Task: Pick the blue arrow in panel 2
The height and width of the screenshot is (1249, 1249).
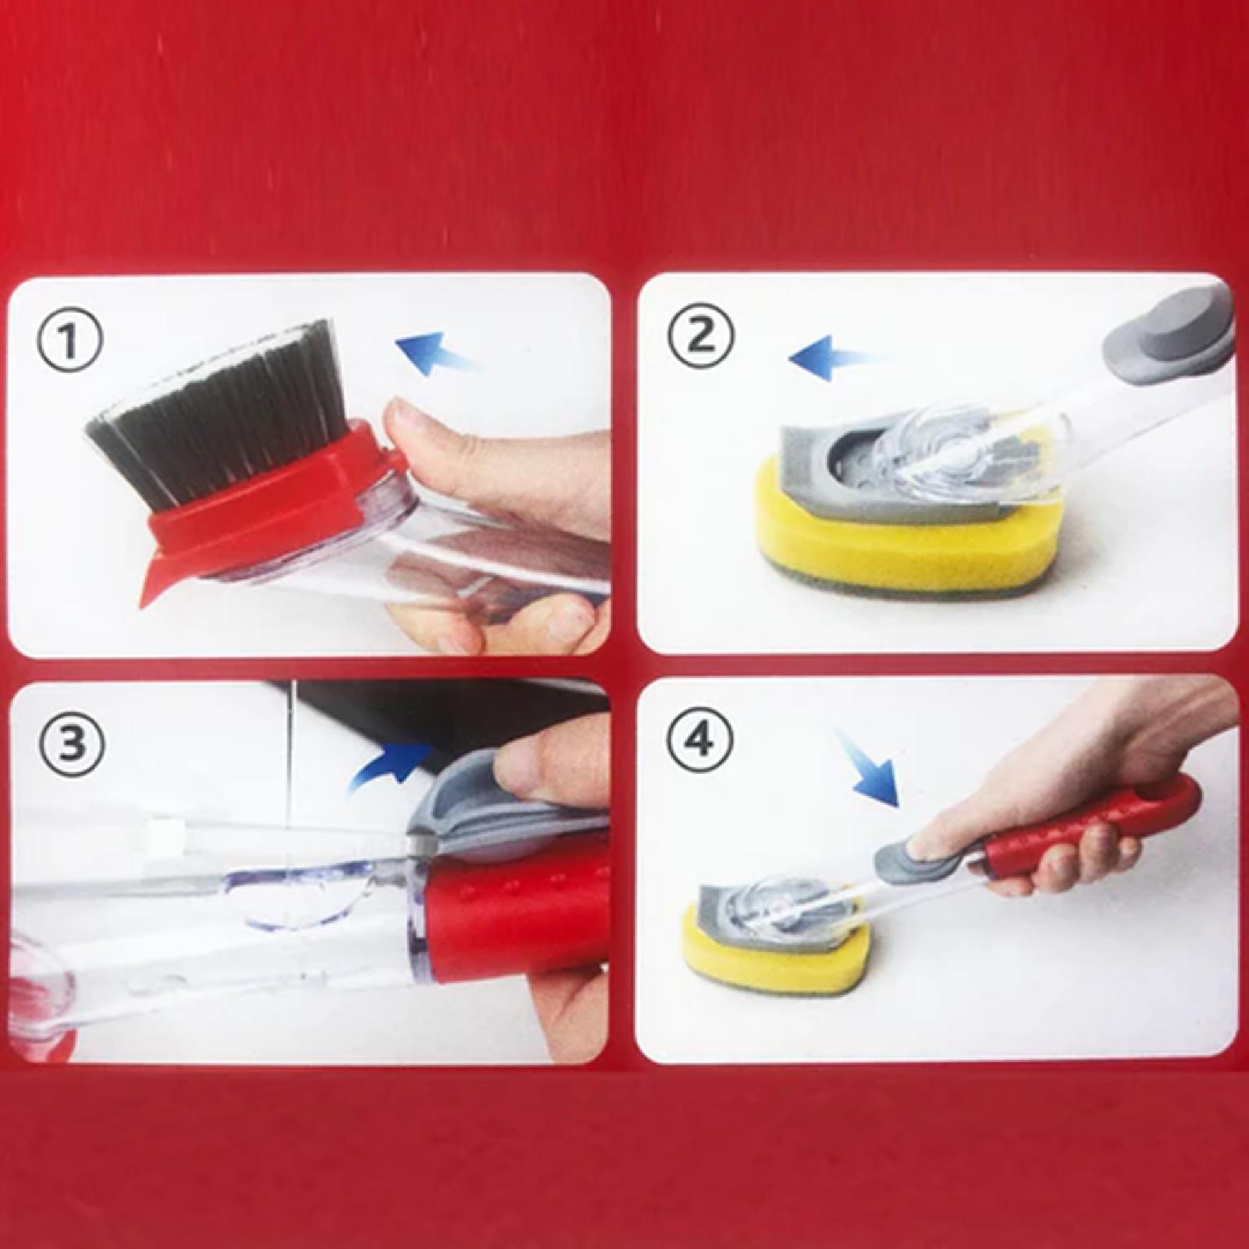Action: click(838, 360)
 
